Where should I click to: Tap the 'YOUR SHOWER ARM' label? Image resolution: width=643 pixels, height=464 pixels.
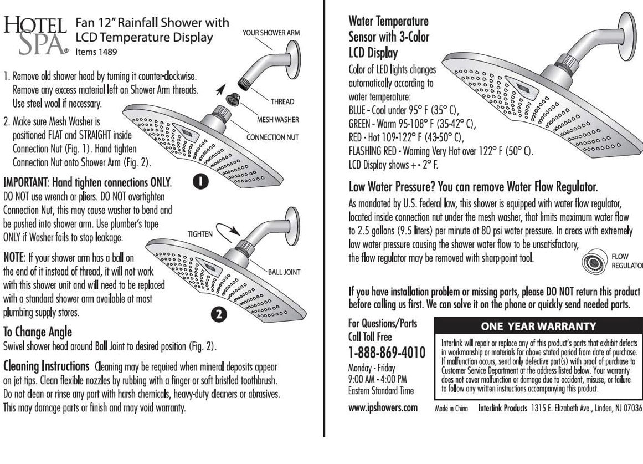pos(271,33)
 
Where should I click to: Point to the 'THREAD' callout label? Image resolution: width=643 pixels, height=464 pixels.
pos(282,101)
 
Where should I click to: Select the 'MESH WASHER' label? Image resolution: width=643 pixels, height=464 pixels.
pos(278,119)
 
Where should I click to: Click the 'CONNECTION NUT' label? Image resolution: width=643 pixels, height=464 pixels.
pos(273,137)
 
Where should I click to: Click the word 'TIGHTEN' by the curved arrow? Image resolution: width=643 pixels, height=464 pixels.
pos(200,234)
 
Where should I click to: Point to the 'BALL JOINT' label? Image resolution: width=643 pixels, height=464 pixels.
pos(284,272)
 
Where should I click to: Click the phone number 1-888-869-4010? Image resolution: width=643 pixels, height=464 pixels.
pos(387,353)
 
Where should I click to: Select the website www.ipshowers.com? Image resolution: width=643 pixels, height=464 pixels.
pos(383,408)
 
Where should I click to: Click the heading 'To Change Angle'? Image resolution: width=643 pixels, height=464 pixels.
pos(38,332)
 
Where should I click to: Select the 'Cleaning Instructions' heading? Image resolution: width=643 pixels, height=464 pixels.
pos(47,366)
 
